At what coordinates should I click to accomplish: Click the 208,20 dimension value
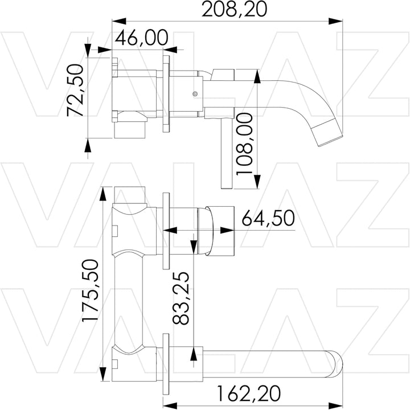tap(235, 9)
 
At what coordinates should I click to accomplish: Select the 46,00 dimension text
tap(141, 38)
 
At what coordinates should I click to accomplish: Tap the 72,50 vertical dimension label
tap(75, 90)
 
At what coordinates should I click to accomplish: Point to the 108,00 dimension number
tap(244, 144)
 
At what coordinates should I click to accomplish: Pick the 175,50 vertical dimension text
tap(91, 290)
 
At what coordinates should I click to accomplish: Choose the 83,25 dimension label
tap(181, 298)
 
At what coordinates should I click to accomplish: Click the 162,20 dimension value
tap(249, 393)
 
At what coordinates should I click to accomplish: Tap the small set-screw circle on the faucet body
tap(195, 93)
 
